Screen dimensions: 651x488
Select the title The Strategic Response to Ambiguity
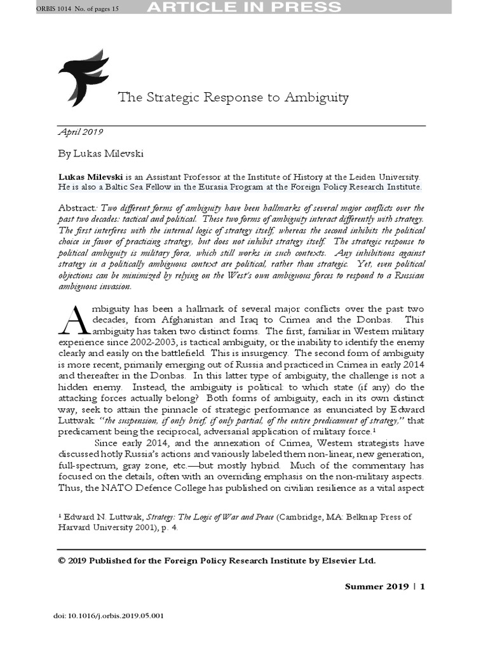tap(233, 97)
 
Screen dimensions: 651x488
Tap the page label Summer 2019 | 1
tap(384, 586)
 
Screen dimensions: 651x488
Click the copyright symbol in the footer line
tap(62, 560)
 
